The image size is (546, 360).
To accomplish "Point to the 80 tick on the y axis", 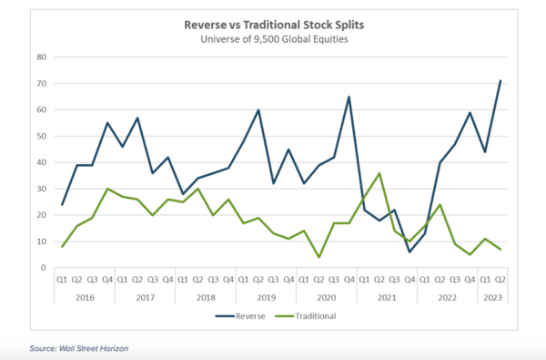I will tap(41, 57).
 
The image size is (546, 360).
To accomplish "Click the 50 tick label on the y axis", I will tap(41, 136).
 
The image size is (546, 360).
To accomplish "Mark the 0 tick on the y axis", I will tap(43, 268).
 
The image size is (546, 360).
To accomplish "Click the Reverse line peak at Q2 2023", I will tap(500, 80).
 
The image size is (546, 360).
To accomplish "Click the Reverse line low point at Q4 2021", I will tap(410, 252).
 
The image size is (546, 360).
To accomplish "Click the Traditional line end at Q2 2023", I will tap(500, 249).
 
